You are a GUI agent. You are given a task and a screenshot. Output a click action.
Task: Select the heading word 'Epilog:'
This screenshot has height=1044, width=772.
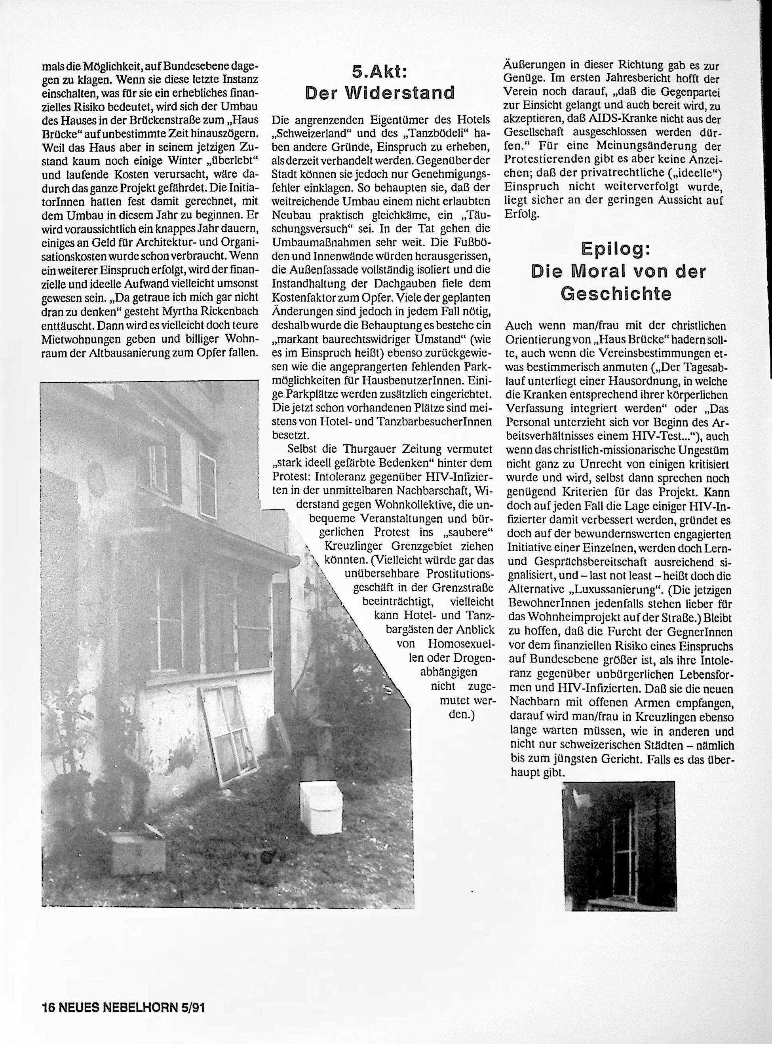pyautogui.click(x=616, y=249)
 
